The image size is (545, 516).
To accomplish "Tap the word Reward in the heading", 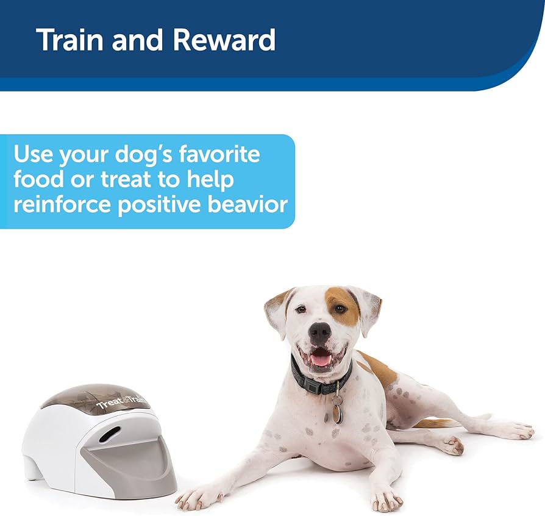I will (224, 40).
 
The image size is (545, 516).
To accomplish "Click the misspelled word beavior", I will (249, 204).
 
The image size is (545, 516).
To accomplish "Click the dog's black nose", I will (319, 332).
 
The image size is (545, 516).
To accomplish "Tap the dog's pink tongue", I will (321, 360).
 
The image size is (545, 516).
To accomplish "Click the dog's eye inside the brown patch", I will (339, 309).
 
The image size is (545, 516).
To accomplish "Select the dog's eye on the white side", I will (300, 310).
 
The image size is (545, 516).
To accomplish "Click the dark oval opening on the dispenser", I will (110, 434).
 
